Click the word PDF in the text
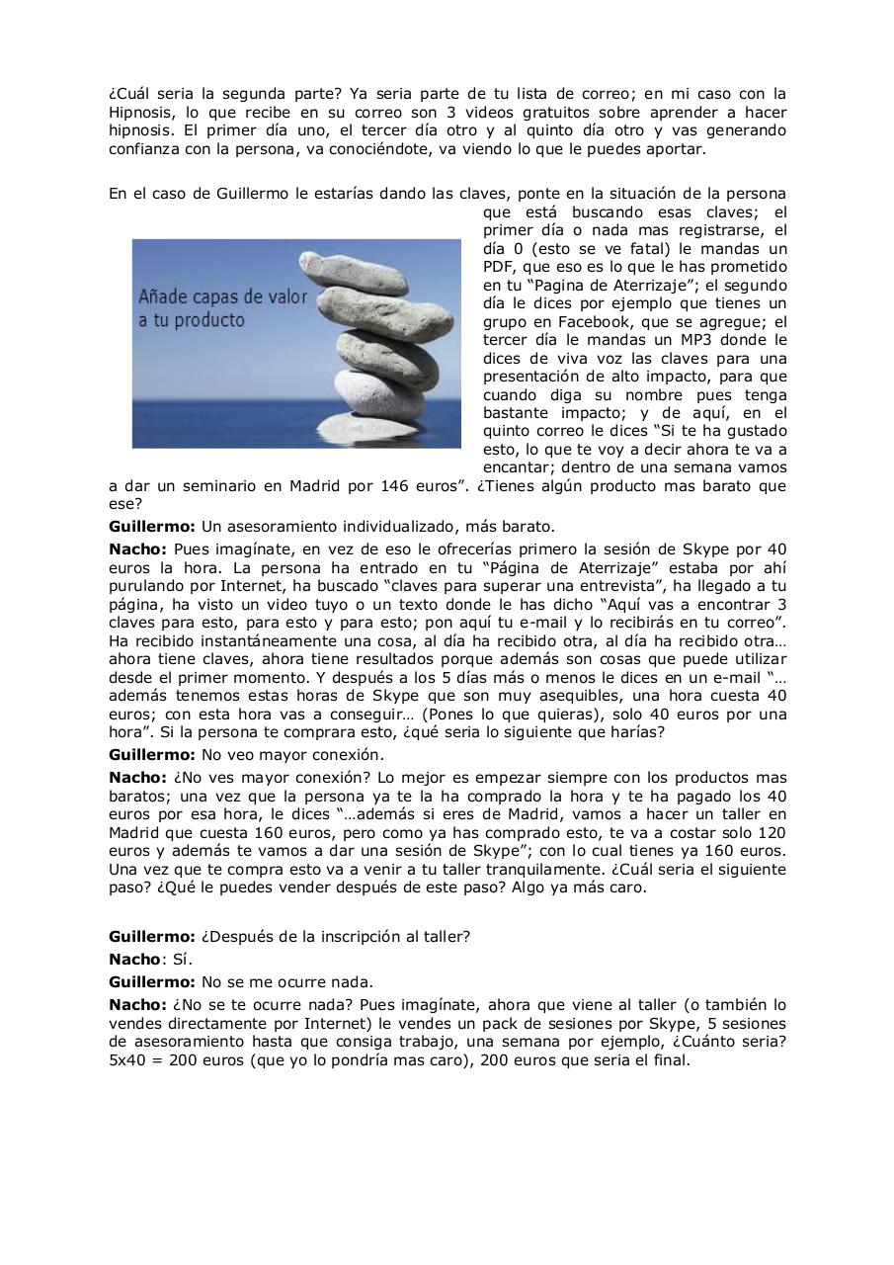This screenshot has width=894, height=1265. click(x=500, y=267)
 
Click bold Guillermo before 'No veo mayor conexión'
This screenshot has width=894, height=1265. click(x=152, y=755)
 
